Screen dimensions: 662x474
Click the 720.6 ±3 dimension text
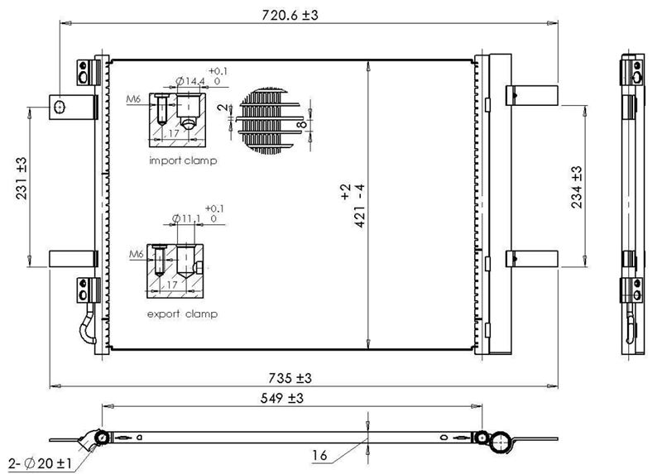point(290,15)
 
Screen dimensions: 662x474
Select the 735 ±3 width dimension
point(290,378)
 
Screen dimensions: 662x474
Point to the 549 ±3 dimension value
point(281,398)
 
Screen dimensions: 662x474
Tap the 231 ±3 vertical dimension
point(22,178)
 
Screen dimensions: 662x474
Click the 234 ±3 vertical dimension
point(577,187)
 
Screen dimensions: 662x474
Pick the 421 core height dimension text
point(355,205)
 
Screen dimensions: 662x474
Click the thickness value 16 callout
point(319,456)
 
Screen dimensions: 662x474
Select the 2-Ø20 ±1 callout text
point(40,463)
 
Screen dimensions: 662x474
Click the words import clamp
point(183,160)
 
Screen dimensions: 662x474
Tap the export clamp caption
point(182,314)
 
